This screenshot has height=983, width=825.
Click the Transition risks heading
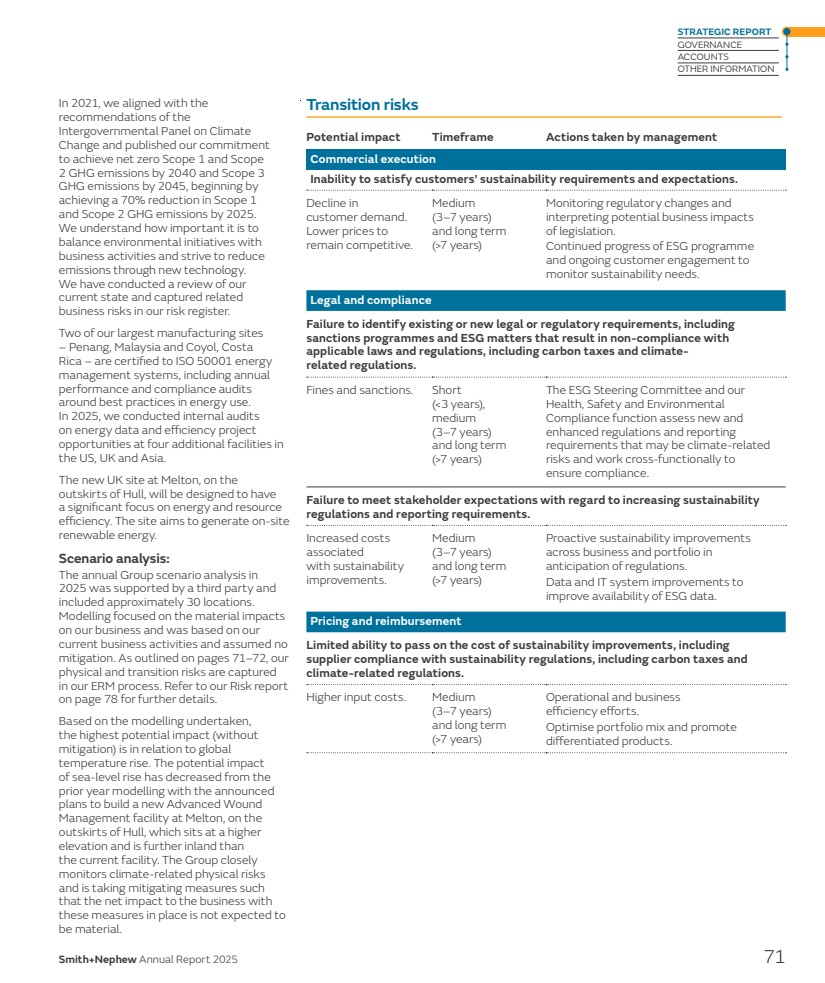(x=362, y=105)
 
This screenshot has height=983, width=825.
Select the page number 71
(x=774, y=957)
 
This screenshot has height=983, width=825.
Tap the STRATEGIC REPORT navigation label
(x=724, y=32)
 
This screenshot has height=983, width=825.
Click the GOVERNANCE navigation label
(x=709, y=45)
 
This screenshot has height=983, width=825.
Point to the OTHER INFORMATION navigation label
(x=725, y=69)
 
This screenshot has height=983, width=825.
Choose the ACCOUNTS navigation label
(x=703, y=57)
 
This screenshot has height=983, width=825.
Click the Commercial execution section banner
(x=373, y=159)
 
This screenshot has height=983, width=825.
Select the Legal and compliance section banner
(x=371, y=300)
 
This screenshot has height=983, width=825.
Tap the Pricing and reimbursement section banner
(x=386, y=621)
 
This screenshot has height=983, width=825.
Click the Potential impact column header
(x=353, y=137)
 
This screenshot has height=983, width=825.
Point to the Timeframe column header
(x=462, y=137)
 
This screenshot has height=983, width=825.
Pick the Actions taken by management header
(x=631, y=137)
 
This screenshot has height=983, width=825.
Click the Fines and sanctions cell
(x=359, y=390)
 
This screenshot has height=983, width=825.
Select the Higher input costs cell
(x=355, y=697)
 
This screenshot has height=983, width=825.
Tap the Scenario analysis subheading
(x=114, y=559)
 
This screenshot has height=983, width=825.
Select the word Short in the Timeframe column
(x=446, y=390)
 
